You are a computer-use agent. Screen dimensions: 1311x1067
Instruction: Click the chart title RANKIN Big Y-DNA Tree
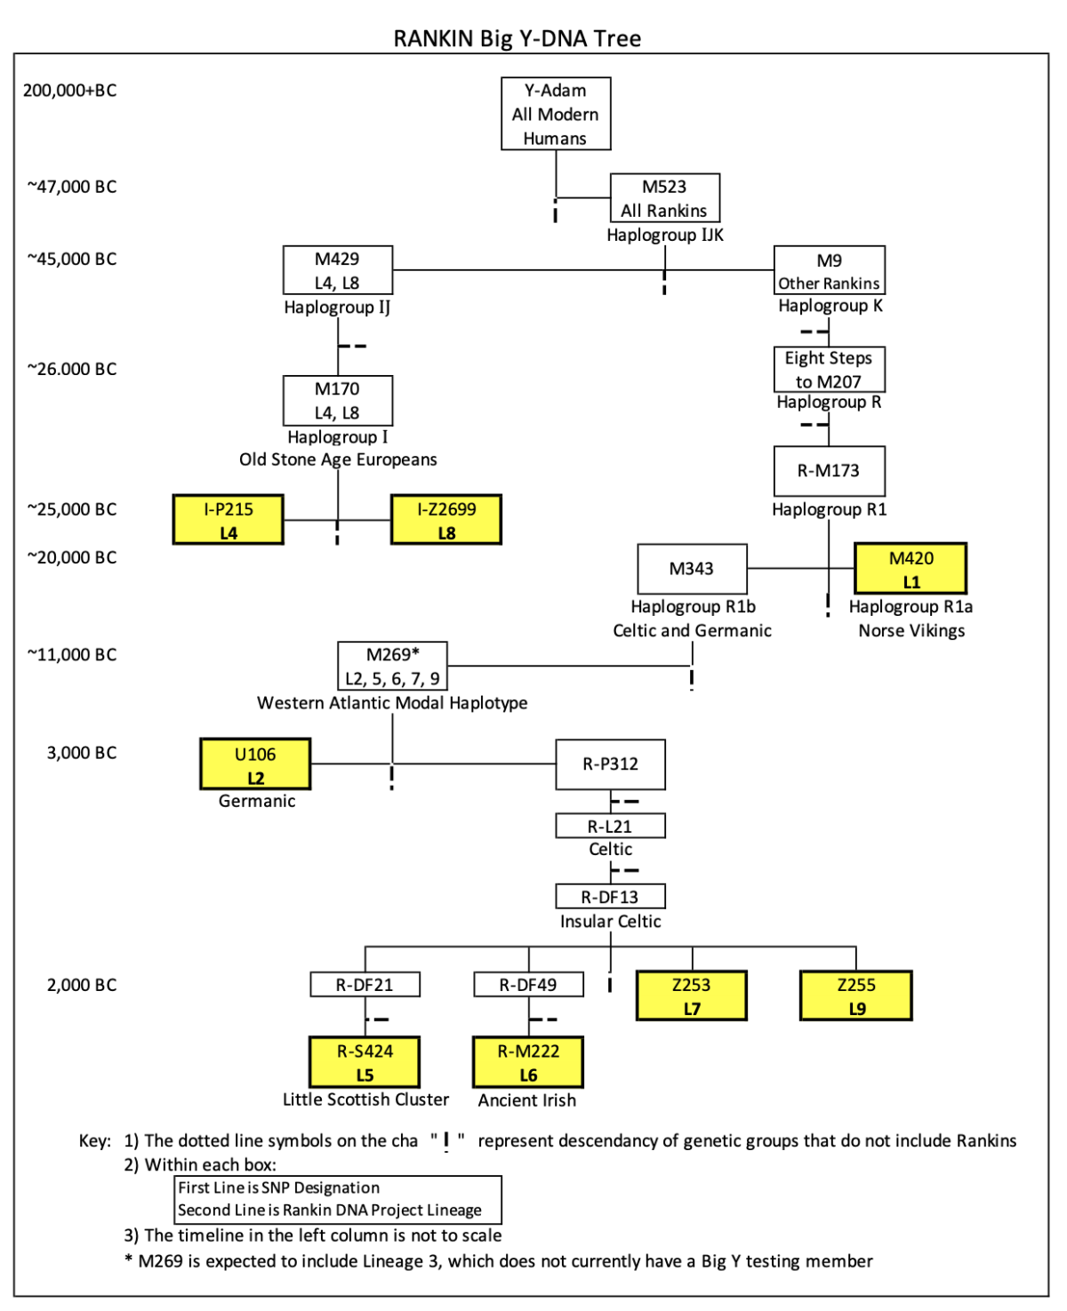517,38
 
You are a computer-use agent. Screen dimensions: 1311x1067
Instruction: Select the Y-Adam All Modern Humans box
556,114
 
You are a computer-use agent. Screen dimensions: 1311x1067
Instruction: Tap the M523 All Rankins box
664,198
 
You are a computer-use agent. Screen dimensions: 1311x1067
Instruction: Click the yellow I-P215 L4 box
229,520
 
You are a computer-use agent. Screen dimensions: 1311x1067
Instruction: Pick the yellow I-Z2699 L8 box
446,520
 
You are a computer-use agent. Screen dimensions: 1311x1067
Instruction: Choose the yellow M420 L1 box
911,569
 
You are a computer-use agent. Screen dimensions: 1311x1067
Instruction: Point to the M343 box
692,569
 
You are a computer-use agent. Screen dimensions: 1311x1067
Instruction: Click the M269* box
392,667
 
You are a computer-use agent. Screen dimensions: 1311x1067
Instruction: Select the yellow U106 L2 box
255,764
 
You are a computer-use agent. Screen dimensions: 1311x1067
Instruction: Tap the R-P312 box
610,764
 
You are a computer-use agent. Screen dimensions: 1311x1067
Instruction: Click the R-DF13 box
610,897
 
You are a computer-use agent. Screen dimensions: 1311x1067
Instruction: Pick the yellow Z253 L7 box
692,995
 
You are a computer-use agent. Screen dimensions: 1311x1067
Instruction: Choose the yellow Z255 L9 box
856,995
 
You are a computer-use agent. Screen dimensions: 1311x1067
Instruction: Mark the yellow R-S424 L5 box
365,1062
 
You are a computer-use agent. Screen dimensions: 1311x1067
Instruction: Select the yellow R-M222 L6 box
528,1062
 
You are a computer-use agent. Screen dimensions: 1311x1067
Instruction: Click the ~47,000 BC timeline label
71,187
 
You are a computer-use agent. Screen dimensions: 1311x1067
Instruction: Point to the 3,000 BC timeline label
81,753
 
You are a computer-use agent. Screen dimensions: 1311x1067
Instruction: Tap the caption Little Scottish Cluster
365,1099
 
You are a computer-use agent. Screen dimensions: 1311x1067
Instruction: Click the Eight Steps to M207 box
829,370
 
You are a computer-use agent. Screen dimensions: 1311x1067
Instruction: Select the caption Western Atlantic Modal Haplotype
392,703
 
